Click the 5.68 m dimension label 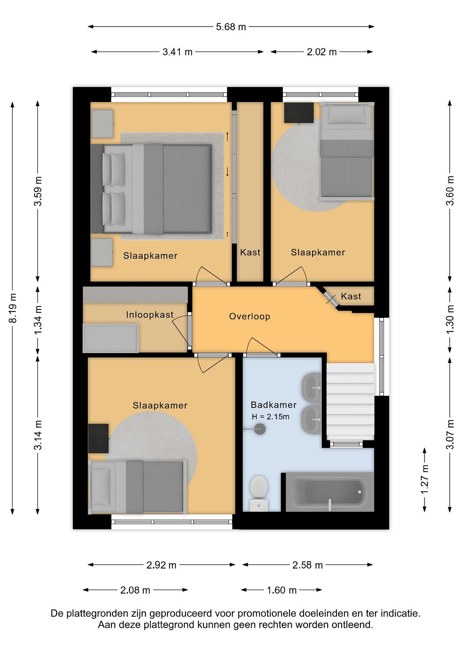231,27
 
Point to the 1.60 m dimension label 282,590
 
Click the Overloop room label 249,316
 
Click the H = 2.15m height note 271,417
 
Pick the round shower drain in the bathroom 259,429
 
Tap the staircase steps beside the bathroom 350,401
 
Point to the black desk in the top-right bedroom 299,113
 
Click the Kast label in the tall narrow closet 250,252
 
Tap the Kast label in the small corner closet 351,296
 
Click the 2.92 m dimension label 161,565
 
